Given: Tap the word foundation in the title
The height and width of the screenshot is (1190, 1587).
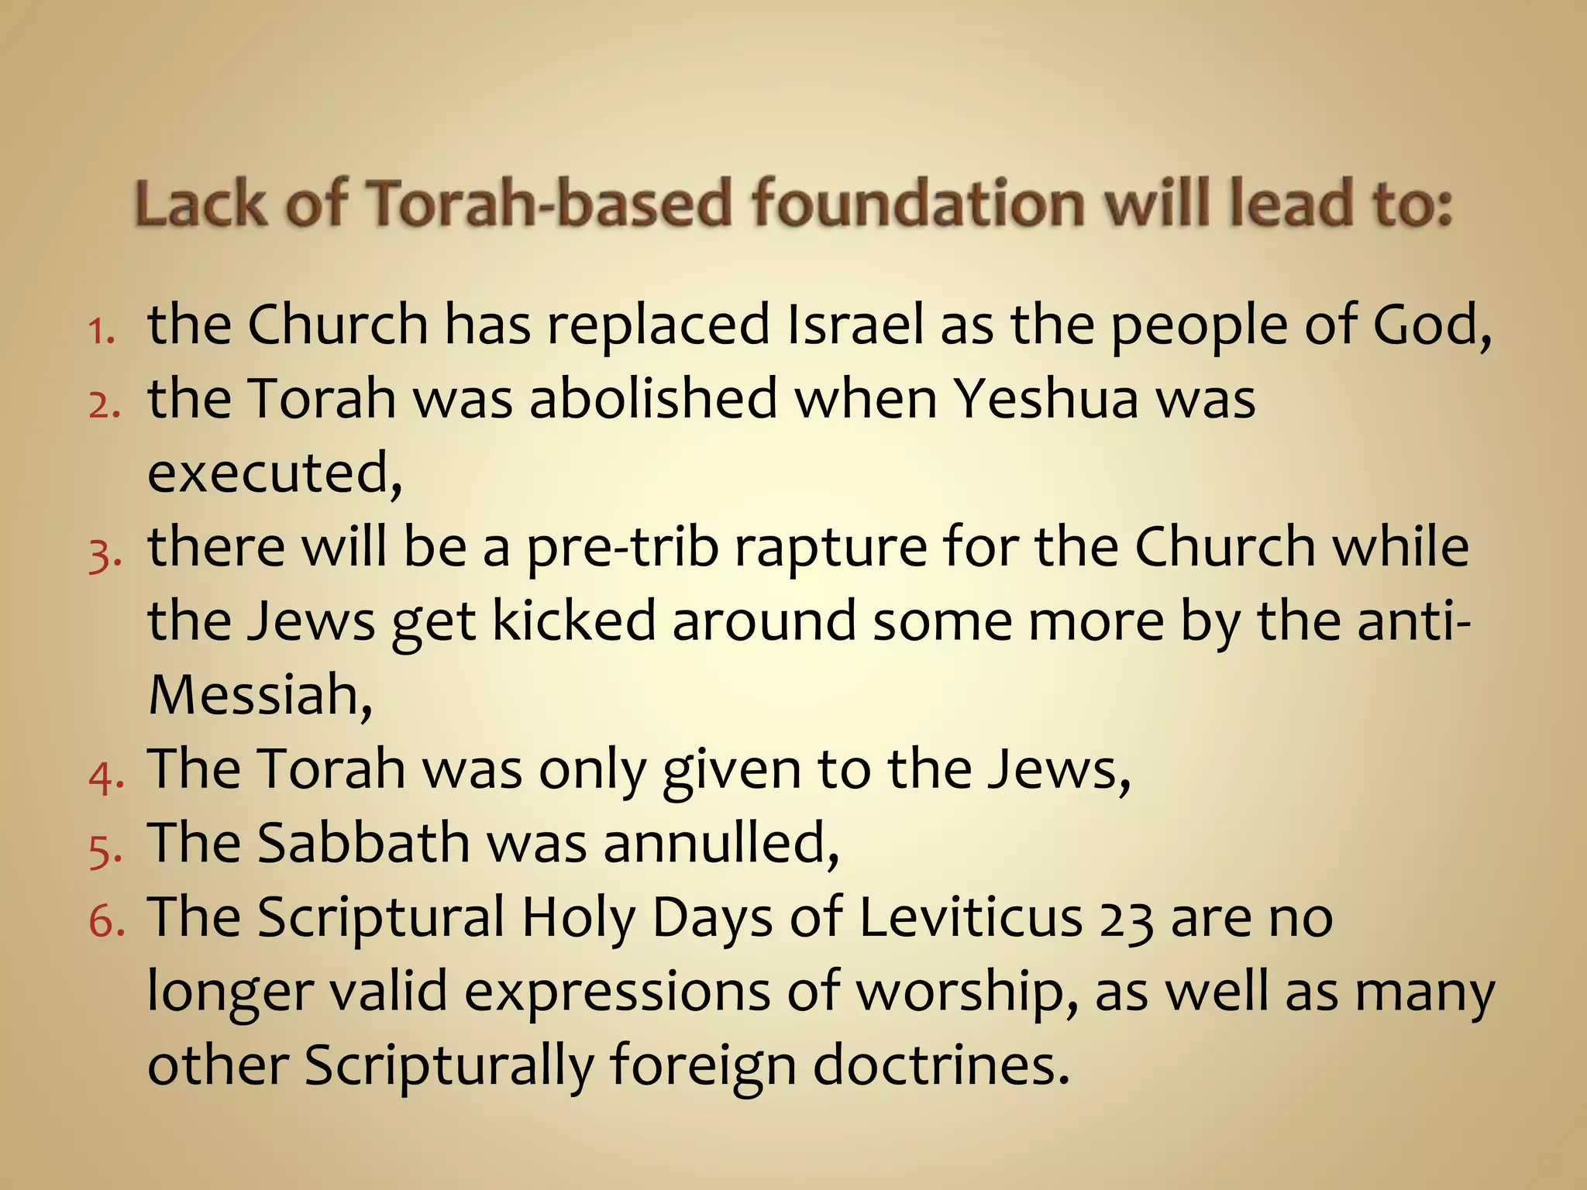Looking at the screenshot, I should click(x=917, y=203).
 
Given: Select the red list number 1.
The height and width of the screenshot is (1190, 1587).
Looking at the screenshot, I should click(x=100, y=331).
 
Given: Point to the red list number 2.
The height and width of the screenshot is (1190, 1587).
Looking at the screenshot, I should click(x=104, y=404).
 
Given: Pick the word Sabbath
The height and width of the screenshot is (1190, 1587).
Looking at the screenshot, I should click(x=363, y=843).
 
